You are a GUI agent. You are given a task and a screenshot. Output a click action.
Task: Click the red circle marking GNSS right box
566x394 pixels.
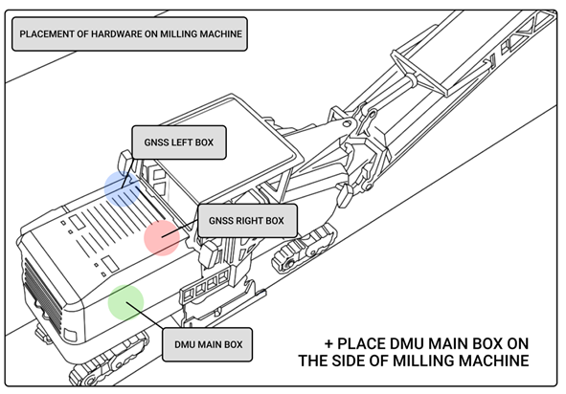point(162,236)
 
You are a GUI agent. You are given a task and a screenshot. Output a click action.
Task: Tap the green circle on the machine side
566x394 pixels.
point(125,301)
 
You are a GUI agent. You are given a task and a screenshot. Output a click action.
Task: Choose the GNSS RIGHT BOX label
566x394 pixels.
point(246,220)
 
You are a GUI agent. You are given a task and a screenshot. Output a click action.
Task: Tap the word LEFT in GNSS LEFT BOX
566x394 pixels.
point(181,143)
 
